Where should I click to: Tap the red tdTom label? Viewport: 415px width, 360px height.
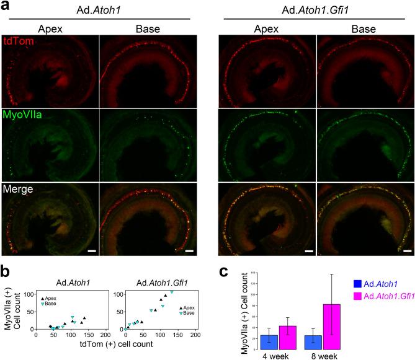point(16,42)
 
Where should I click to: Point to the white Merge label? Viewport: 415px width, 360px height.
point(18,188)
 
